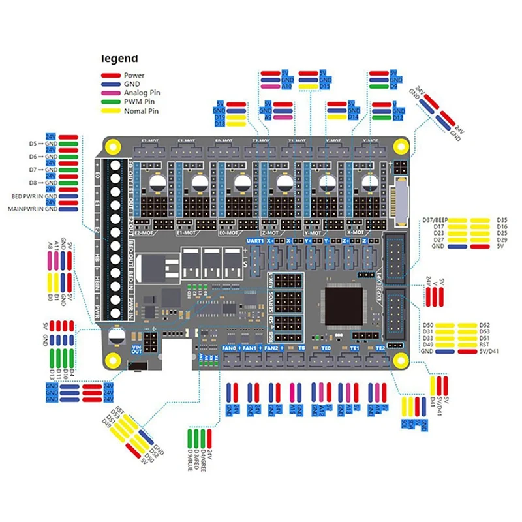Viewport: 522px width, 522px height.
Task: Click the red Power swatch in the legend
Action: [110, 76]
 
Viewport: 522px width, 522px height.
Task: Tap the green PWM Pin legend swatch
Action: [110, 102]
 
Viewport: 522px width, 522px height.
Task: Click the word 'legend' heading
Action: [119, 58]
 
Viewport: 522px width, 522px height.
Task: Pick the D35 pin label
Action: [502, 220]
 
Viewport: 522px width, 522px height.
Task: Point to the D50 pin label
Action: [428, 324]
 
